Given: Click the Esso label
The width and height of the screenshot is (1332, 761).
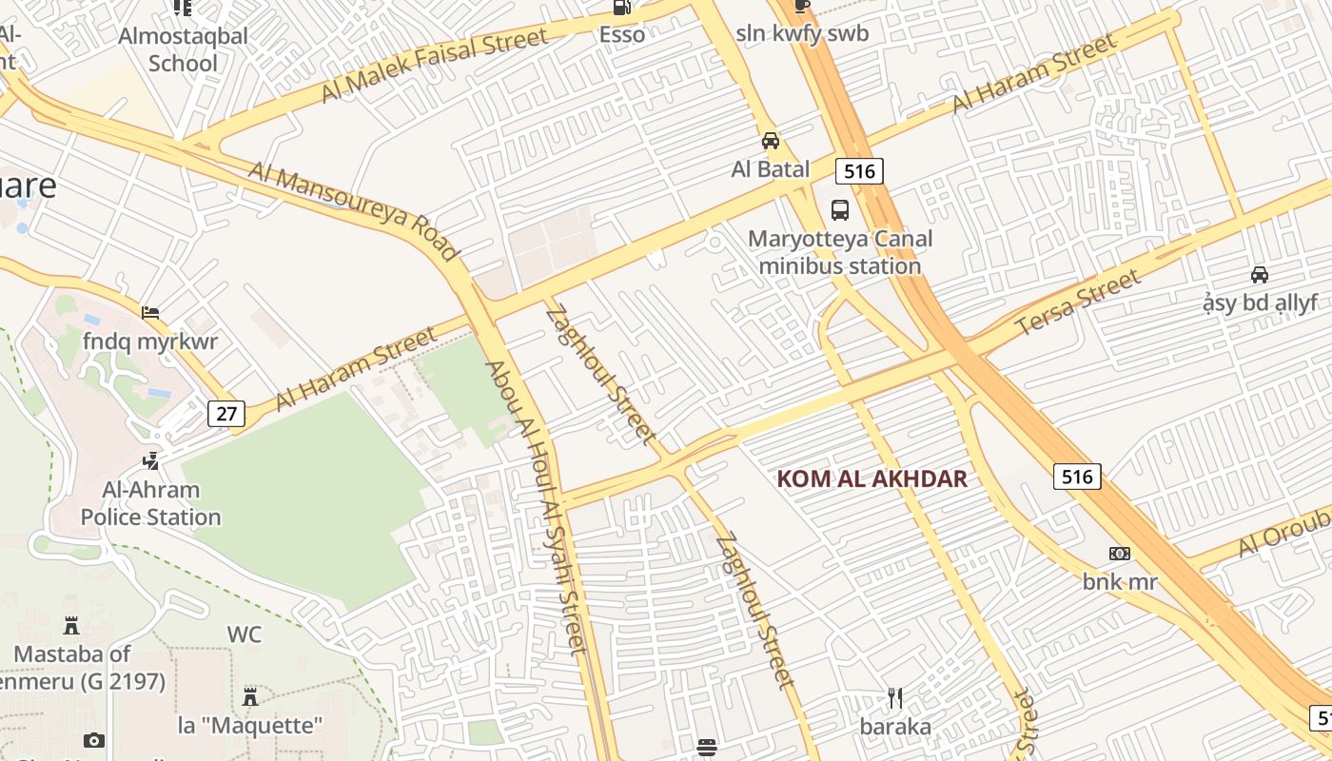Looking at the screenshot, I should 622,34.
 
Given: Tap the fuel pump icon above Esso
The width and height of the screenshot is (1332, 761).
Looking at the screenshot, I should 622,8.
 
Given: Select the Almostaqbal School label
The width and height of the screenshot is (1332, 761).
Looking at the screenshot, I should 184,49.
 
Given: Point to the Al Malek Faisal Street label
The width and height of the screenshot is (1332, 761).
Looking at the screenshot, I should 435,65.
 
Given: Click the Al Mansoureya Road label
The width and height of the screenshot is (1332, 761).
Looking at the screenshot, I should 353,210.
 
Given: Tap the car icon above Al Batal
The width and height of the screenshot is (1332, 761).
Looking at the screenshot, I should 771,141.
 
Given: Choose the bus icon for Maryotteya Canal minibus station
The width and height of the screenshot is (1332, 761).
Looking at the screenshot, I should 840,209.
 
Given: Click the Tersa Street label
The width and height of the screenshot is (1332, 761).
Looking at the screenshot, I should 1078,302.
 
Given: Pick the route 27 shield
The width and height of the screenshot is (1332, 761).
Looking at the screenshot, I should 226,413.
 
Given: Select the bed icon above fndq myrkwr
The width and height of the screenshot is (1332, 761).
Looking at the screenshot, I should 150,312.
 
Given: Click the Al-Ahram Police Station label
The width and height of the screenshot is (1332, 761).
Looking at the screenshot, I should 151,504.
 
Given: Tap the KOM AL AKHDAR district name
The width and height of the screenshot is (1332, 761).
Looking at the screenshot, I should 872,478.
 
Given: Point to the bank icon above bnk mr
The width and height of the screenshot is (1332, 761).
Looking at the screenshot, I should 1120,554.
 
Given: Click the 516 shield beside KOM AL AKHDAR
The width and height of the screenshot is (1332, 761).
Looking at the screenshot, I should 1077,476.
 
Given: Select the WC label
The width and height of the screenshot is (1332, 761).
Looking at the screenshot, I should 244,634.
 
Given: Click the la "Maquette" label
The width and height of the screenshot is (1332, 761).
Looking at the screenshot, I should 250,726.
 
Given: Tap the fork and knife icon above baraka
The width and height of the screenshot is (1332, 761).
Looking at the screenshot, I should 895,698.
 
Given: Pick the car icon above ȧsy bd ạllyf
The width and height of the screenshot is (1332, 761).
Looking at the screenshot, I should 1260,275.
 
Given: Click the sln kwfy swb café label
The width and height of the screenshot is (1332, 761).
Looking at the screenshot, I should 802,34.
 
